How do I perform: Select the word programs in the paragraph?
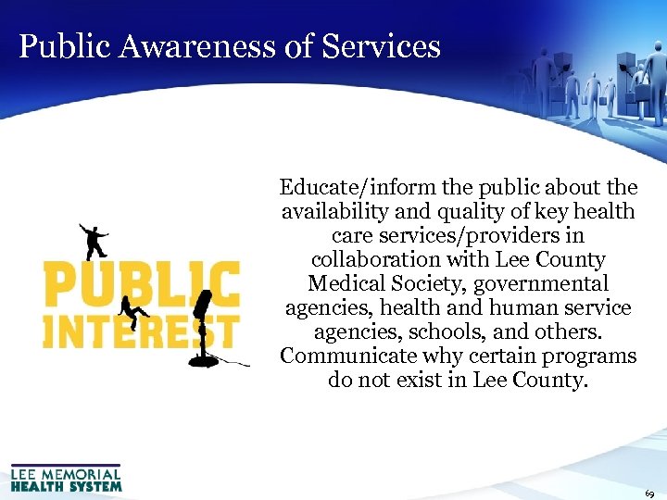(593, 356)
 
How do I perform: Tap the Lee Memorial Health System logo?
(66, 477)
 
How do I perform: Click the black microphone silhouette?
(203, 319)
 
